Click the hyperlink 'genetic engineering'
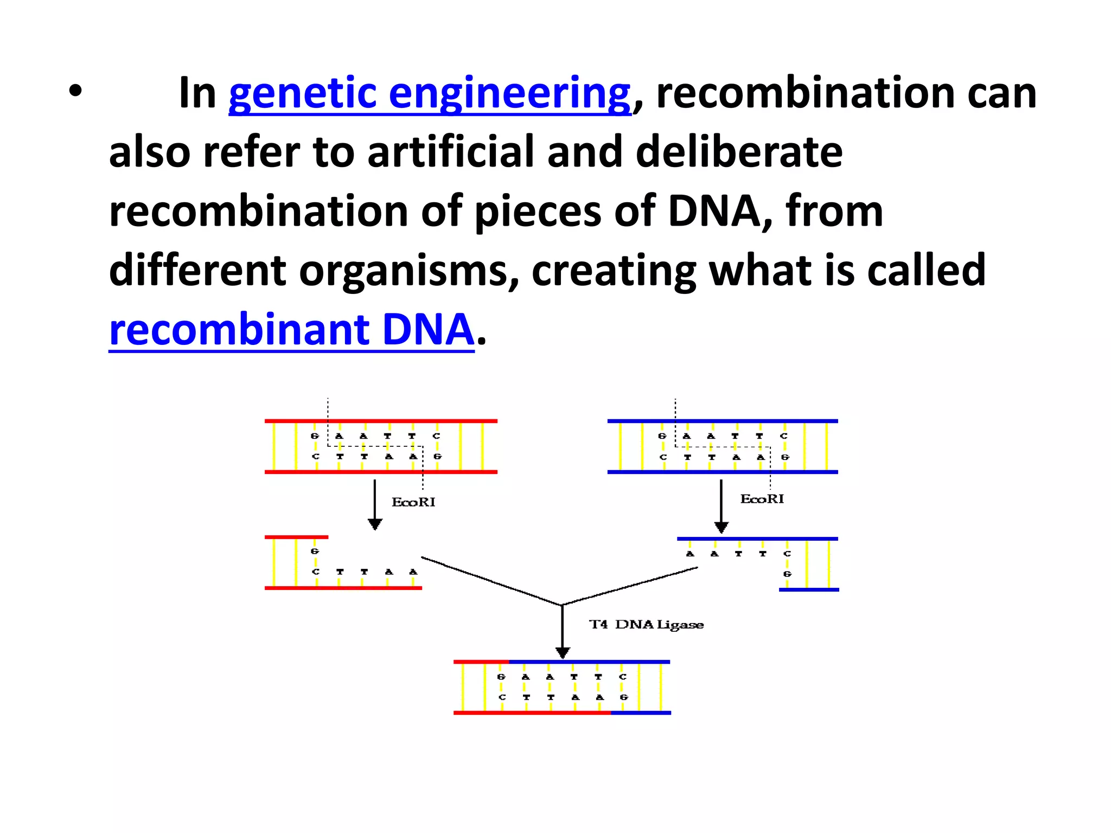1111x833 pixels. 430,93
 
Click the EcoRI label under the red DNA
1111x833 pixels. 413,502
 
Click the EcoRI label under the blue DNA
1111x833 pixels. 762,499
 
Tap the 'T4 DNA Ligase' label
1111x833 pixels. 646,625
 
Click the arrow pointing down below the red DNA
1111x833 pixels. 375,504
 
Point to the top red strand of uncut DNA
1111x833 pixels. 381,421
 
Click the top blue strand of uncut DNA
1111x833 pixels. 723,421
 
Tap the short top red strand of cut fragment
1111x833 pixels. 296,537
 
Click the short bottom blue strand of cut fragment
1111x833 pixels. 809,589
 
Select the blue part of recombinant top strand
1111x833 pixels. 589,662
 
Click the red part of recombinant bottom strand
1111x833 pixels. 532,713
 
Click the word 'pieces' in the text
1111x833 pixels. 537,212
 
